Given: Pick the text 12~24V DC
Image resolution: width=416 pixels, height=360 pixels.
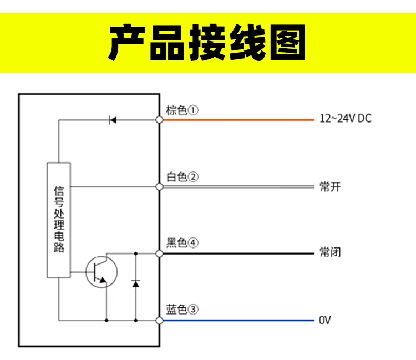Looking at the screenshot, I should pos(345,119).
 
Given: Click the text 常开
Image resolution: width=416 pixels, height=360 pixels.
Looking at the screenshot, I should pos(330,186).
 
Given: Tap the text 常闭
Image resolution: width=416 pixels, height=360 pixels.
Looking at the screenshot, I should pos(330,253).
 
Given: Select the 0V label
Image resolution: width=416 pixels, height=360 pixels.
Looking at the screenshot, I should pos(325,320).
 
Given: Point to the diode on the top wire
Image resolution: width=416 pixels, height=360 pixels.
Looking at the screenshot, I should pos(113,119).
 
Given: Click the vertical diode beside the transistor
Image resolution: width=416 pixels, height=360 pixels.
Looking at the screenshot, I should pos(135,283).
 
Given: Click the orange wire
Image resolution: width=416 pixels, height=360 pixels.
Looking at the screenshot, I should pos(239,119).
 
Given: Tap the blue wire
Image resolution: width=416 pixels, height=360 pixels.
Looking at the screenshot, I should pos(239,320).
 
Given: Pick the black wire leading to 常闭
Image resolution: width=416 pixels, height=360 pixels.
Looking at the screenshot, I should pos(239,253).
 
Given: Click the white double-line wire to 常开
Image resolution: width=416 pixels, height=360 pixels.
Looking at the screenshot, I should pos(239,186).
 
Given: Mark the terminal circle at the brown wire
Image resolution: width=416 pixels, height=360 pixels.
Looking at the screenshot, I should pos(159,119).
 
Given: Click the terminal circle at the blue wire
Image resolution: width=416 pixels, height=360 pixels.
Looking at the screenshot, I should pos(159,320).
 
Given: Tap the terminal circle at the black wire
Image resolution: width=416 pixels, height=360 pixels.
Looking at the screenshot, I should pos(159,253).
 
